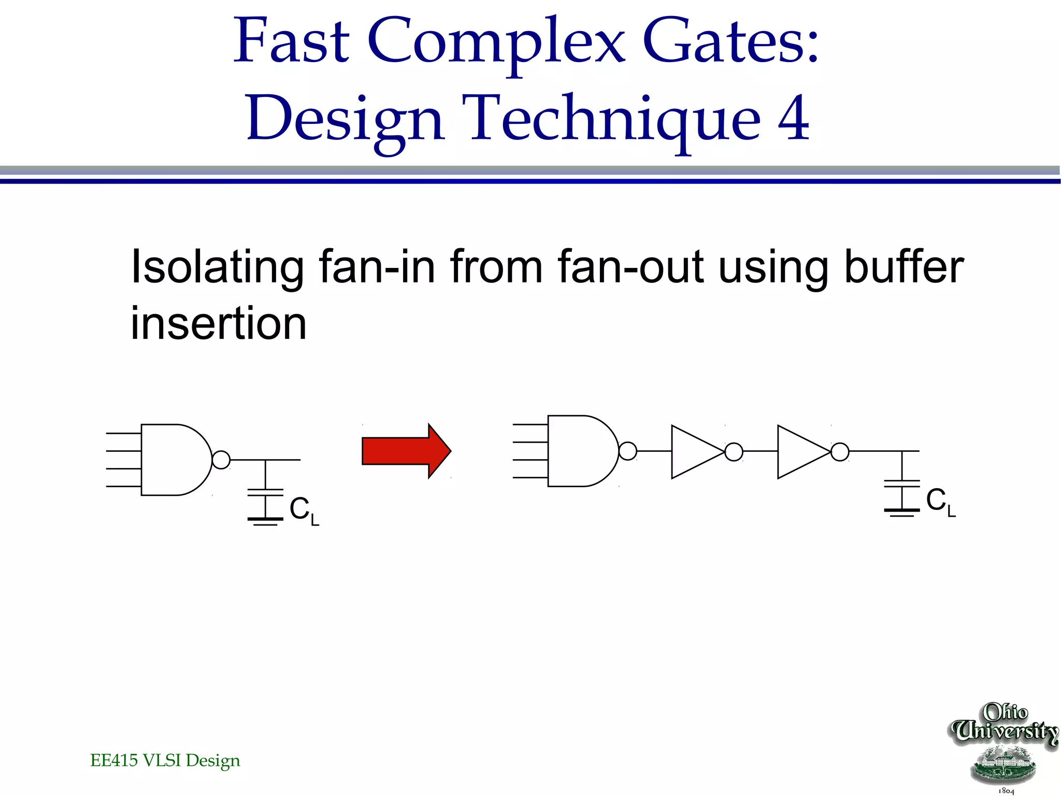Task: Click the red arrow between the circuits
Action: [406, 451]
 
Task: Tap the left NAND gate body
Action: [174, 460]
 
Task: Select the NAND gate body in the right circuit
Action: [580, 451]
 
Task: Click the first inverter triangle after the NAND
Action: [694, 452]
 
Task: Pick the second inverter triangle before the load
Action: [800, 452]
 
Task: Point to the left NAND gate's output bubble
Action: [221, 460]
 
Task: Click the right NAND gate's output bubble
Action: [628, 451]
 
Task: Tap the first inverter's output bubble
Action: [734, 452]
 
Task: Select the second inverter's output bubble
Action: [840, 452]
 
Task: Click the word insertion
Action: [218, 323]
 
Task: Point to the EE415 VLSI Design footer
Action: [165, 760]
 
